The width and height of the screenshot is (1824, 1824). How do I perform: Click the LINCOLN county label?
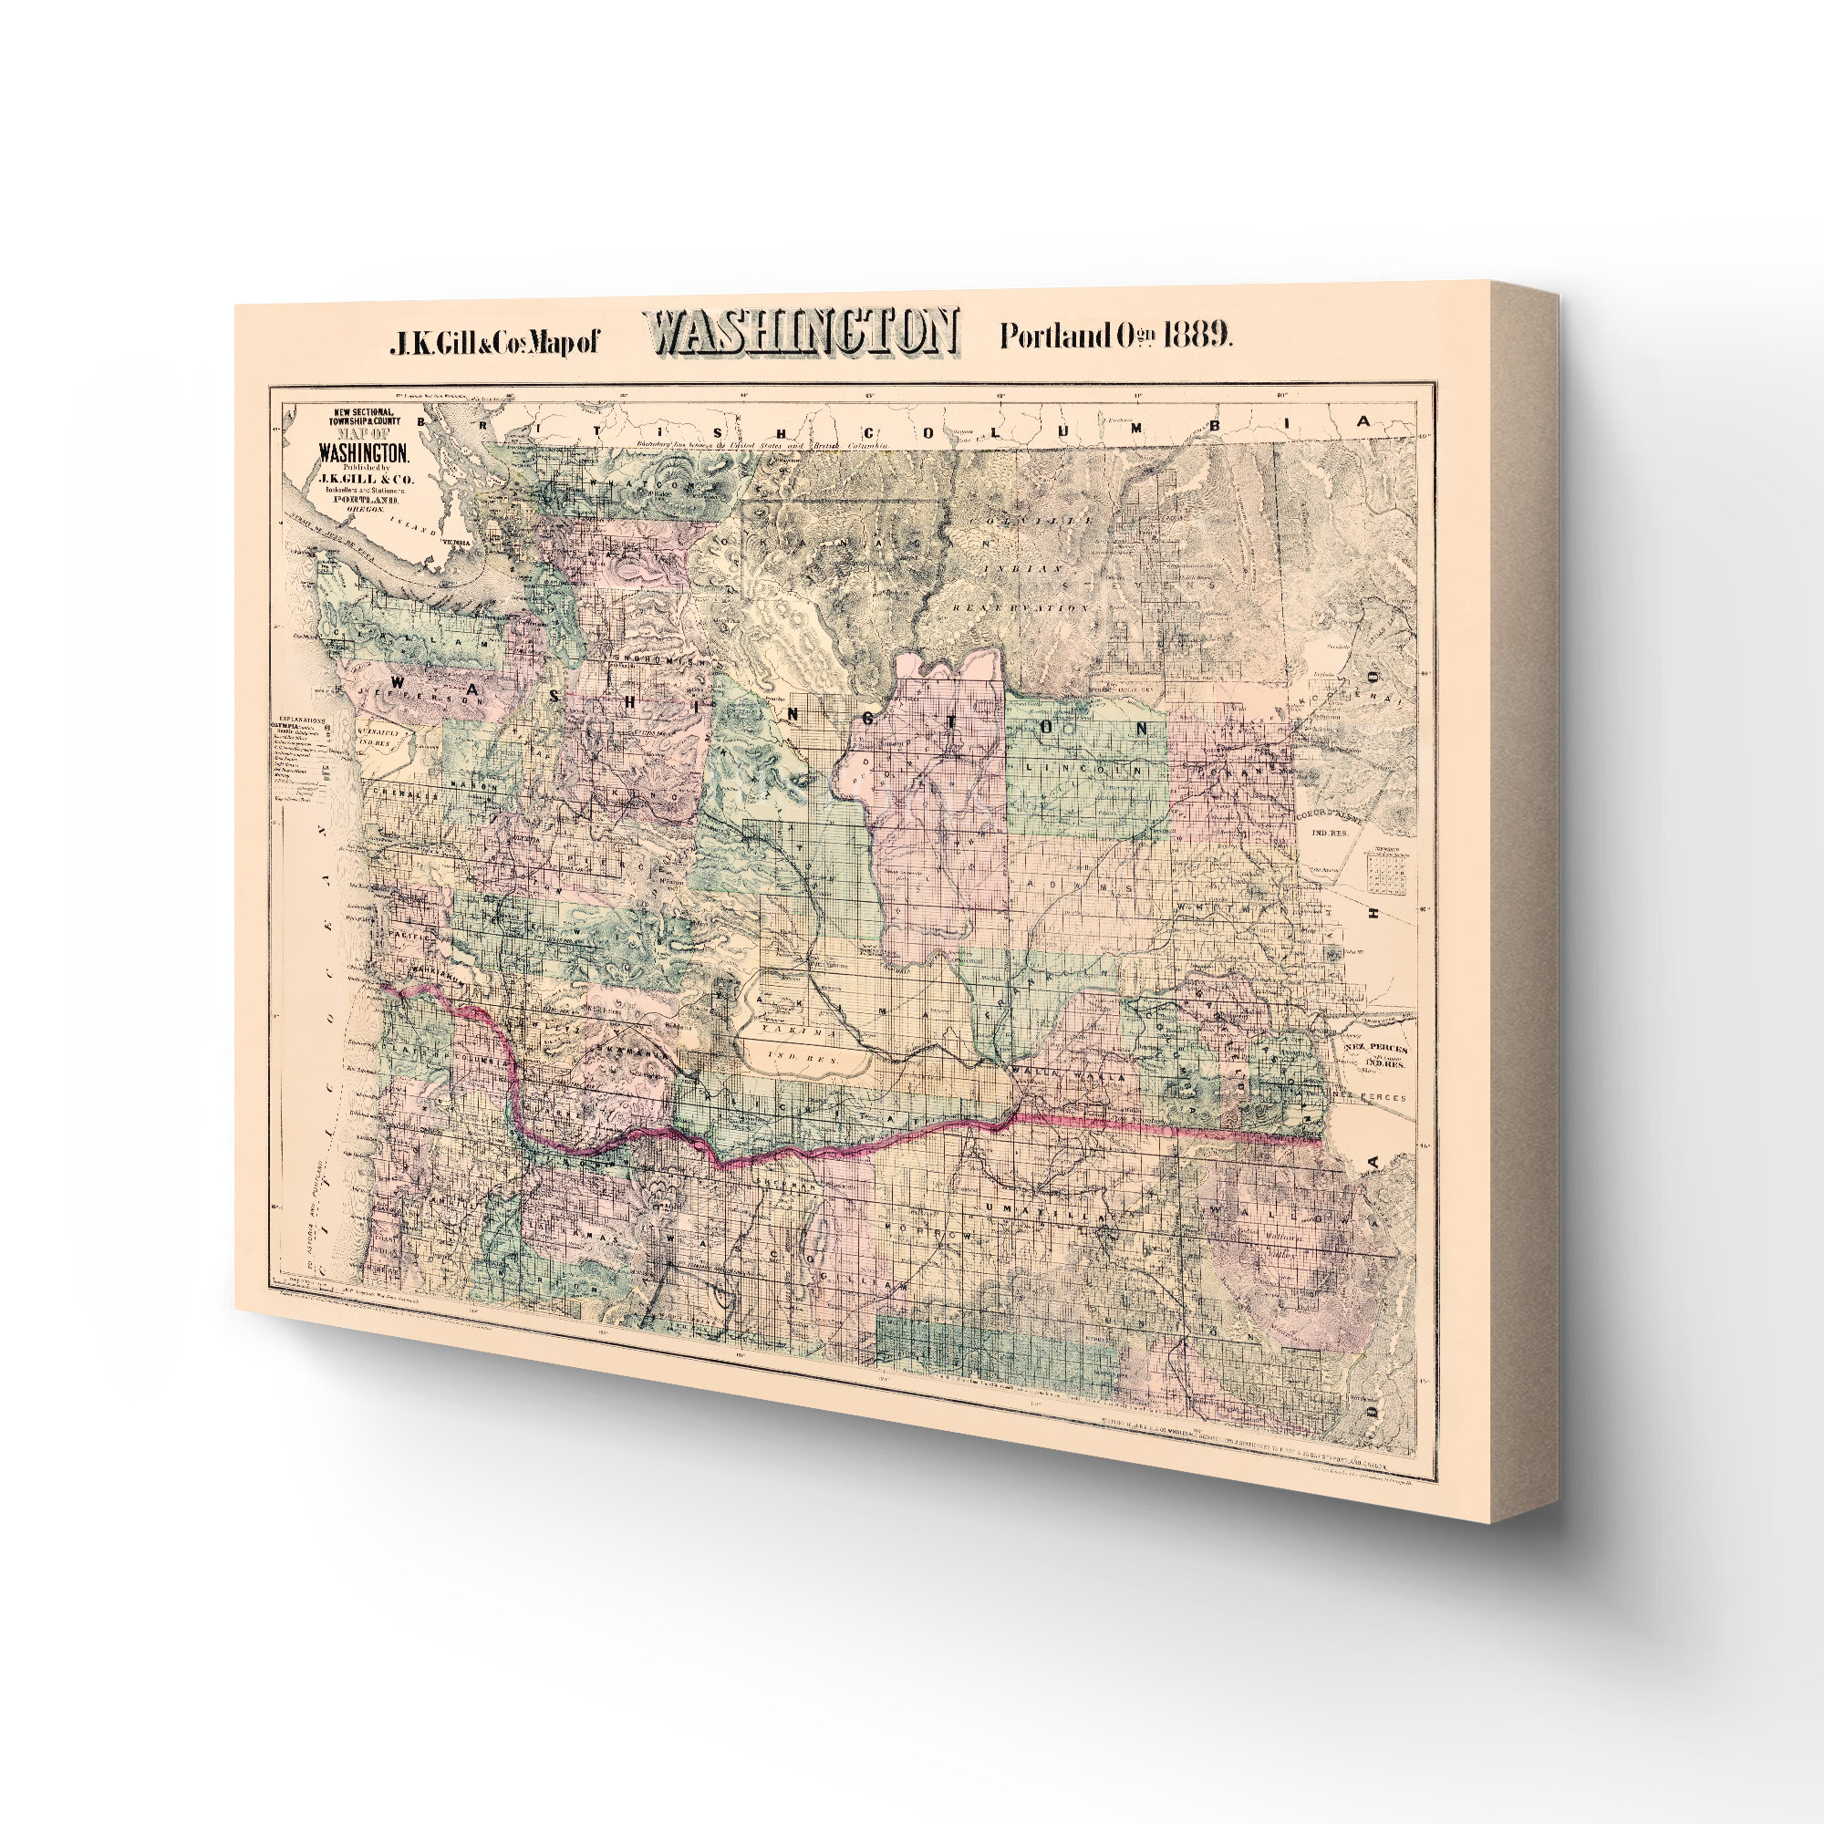pos(1096,771)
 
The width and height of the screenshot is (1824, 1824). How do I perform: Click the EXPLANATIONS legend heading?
pos(297,718)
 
